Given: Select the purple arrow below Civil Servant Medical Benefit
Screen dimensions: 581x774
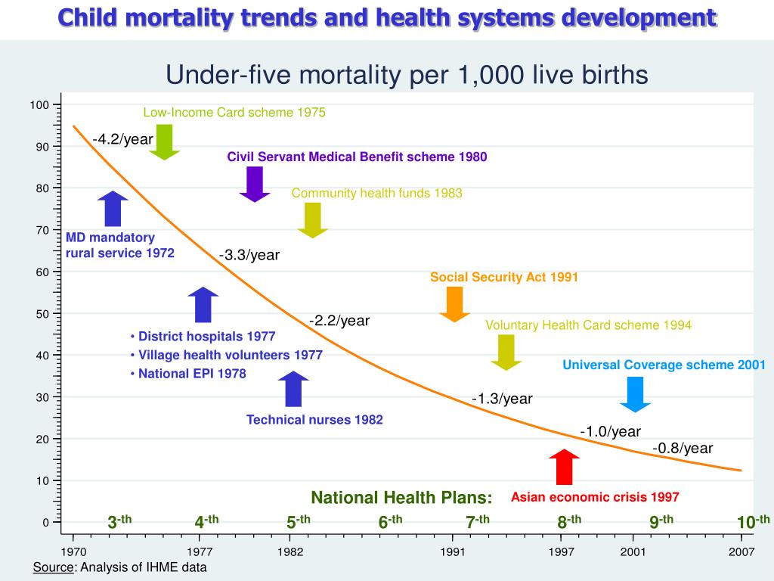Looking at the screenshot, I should (255, 184).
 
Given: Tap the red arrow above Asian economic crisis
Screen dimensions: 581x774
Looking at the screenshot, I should (564, 467).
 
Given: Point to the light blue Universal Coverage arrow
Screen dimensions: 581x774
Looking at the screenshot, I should (636, 394).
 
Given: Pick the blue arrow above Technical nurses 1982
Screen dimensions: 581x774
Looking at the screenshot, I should (293, 389).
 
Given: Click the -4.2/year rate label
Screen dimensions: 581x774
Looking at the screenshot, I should (122, 139).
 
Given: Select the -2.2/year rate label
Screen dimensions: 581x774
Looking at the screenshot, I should (339, 321).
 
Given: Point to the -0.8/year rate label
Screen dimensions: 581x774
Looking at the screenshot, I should (683, 449).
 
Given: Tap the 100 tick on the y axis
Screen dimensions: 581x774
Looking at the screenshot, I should (40, 105).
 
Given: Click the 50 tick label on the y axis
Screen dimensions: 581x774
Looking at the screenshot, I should (43, 314).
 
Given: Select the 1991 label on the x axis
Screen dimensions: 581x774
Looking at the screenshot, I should (453, 552).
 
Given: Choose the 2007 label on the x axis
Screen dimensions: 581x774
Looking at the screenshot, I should (741, 552).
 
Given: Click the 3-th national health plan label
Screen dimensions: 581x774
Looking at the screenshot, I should (119, 522).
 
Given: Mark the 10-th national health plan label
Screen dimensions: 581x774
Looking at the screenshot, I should (753, 522).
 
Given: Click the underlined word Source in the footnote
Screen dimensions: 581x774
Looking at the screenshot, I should (49, 567).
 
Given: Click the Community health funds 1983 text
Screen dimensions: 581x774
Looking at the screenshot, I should (376, 194).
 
